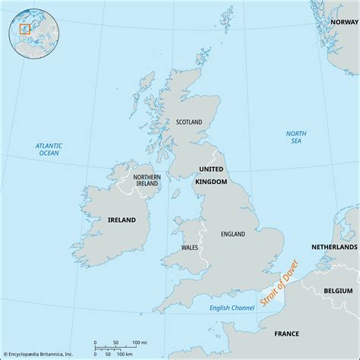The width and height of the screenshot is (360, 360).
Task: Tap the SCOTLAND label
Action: click(x=190, y=122)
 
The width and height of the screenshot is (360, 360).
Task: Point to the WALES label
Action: click(x=191, y=248)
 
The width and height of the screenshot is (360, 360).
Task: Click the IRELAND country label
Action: click(x=122, y=219)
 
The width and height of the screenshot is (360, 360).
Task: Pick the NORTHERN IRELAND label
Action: click(x=147, y=181)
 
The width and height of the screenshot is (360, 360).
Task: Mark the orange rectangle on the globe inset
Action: click(x=23, y=30)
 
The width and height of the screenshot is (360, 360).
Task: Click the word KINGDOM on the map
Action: click(x=211, y=182)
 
